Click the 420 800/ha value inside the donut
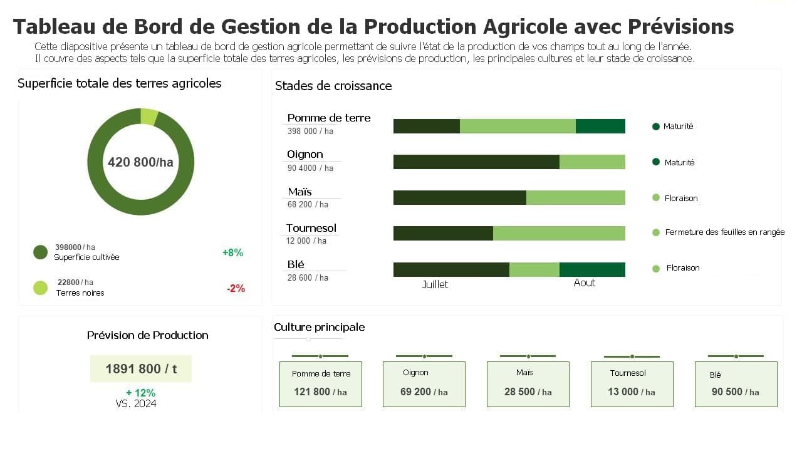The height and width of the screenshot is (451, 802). [140, 162]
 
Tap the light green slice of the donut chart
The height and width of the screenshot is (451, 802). [149, 117]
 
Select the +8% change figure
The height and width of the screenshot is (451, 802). [232, 252]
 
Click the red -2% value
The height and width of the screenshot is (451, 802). [236, 289]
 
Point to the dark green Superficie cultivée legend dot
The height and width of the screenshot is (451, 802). [41, 252]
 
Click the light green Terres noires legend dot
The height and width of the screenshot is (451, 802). [41, 288]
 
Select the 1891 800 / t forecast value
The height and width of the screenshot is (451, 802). [141, 369]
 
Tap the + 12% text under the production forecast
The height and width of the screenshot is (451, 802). [140, 393]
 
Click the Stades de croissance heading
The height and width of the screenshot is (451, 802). [333, 86]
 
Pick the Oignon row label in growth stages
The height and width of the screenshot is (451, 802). [305, 154]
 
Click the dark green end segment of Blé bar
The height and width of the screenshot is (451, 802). [592, 269]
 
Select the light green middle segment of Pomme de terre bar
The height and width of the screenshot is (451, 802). [518, 126]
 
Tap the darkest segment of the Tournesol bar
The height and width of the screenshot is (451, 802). [443, 233]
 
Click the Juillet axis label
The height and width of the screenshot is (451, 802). [435, 284]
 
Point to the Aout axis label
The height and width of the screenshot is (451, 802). [584, 283]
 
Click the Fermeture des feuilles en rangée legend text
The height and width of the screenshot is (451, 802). [724, 232]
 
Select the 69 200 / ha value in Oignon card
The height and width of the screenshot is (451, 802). [424, 391]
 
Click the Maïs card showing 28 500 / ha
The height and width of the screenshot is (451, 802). [528, 384]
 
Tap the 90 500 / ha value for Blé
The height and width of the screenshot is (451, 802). [736, 391]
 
